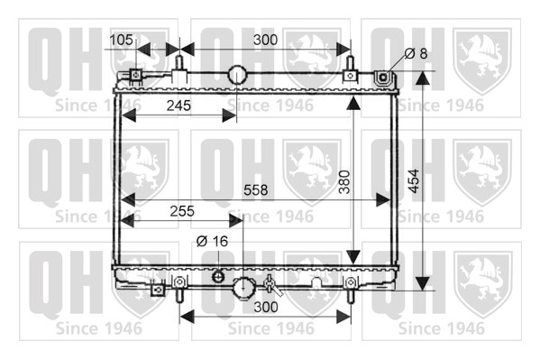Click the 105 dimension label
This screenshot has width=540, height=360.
point(121,40)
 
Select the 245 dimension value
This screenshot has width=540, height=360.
point(178,106)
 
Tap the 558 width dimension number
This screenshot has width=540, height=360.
point(255,189)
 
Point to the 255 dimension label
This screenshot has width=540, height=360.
point(182,211)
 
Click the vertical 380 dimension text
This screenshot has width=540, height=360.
point(344,181)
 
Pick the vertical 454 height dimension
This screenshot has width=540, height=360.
point(413,181)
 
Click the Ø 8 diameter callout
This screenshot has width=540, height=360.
point(416,53)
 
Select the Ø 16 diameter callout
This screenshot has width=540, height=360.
point(212,241)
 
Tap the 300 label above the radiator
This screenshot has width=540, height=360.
point(266,40)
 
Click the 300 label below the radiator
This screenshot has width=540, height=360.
point(266,307)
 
